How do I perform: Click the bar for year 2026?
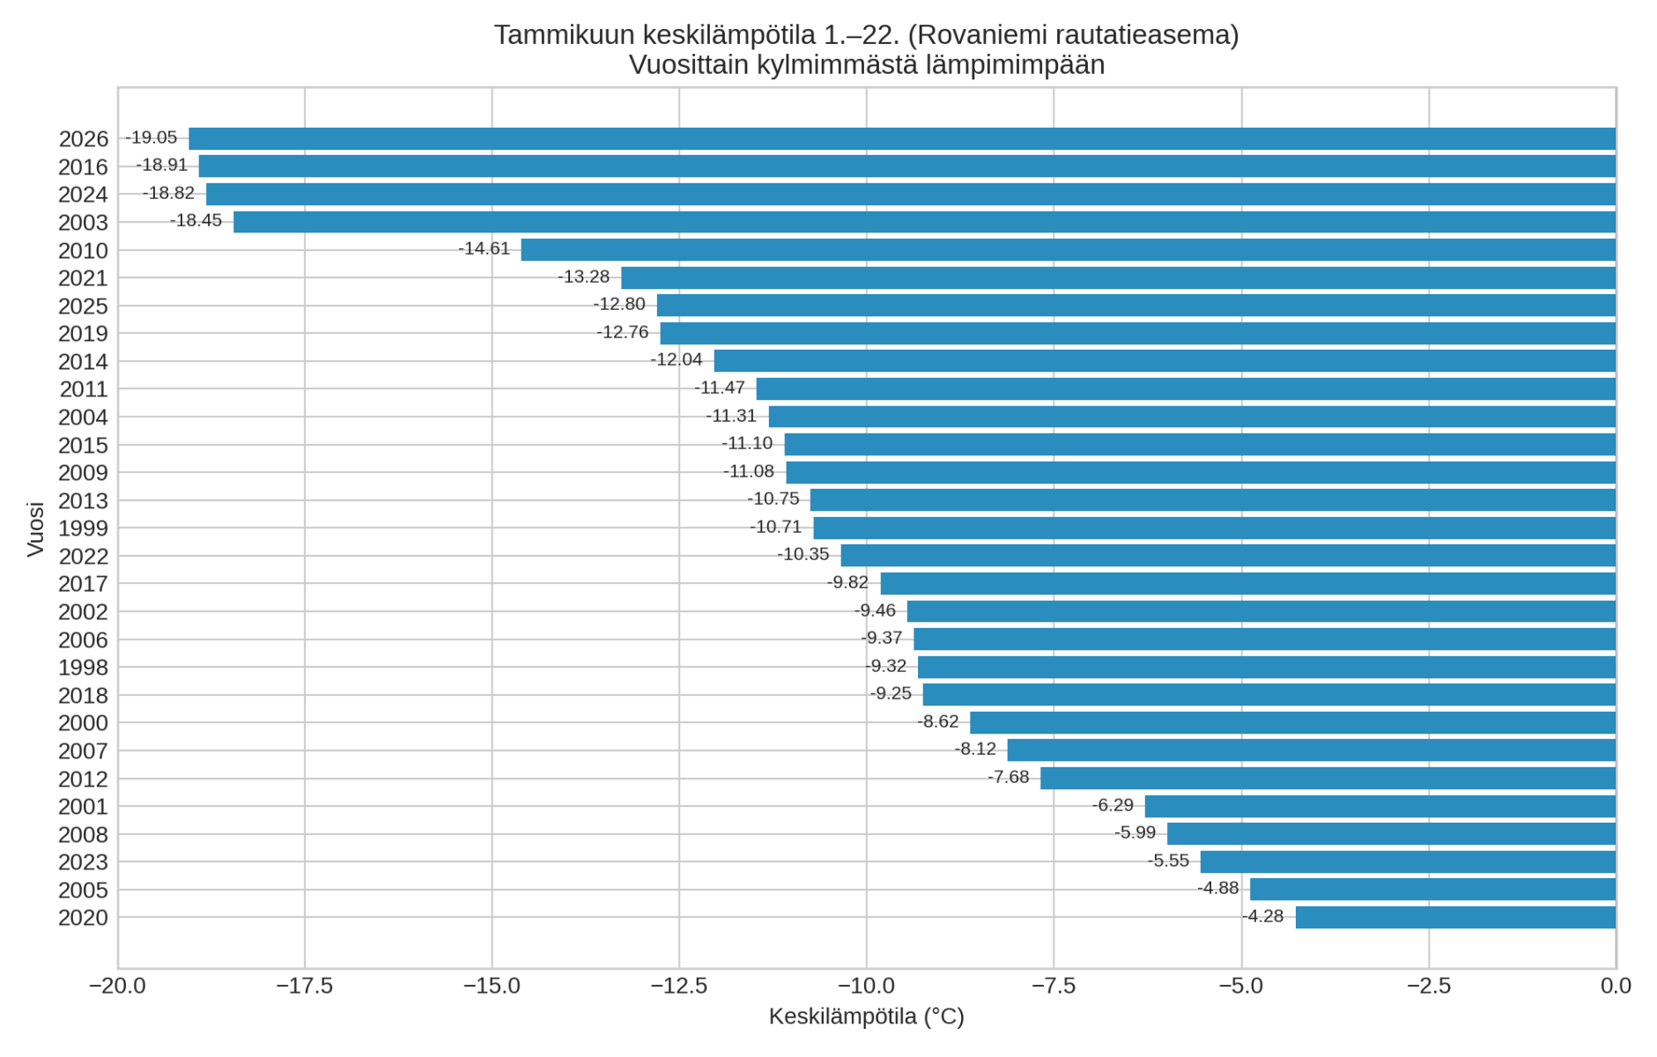click(x=902, y=138)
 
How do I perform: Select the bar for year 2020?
click(x=1455, y=917)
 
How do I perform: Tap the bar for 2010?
click(x=1068, y=250)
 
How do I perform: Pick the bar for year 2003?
click(x=924, y=222)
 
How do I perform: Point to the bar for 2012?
click(x=1328, y=779)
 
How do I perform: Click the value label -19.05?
click(x=152, y=137)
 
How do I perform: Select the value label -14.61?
click(x=485, y=248)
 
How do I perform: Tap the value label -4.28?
click(x=1263, y=916)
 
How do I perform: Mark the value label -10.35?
click(x=803, y=554)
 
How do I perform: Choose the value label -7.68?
click(x=1009, y=777)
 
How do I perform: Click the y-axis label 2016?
click(x=83, y=167)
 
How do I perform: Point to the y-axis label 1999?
click(x=83, y=528)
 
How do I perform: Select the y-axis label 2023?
click(x=83, y=862)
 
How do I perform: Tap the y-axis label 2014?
click(x=83, y=362)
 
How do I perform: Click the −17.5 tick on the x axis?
click(x=305, y=986)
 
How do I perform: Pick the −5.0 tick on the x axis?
click(x=1241, y=986)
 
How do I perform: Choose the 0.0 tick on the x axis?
click(x=1616, y=986)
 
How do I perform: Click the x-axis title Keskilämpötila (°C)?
click(x=866, y=1016)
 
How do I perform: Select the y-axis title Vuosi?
click(x=35, y=528)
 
